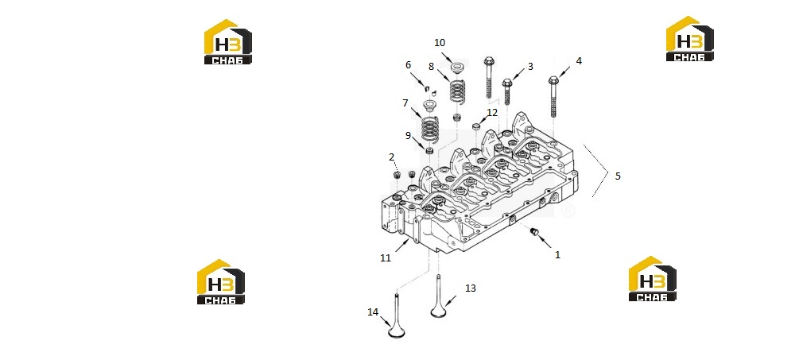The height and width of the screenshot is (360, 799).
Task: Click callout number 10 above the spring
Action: [440, 43]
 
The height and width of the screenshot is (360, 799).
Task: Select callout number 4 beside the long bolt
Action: [579, 60]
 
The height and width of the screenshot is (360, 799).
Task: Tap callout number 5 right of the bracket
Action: [618, 176]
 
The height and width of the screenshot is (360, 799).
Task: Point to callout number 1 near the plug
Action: [557, 254]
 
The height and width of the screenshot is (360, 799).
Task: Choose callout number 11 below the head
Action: [386, 258]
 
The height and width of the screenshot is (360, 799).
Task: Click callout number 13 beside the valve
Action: [471, 288]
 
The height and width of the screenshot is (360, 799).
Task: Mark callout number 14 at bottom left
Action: [373, 312]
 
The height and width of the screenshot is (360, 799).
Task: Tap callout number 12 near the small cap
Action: [492, 113]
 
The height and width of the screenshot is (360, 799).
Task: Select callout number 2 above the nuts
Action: [392, 157]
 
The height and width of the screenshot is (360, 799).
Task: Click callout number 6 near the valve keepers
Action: [408, 64]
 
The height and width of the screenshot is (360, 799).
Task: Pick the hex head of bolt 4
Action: [554, 80]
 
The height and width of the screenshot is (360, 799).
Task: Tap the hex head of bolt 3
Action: [507, 83]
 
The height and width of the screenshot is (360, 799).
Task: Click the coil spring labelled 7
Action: [430, 130]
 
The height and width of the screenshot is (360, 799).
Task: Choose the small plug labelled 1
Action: [534, 232]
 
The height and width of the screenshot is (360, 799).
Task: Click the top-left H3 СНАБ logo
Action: [228, 42]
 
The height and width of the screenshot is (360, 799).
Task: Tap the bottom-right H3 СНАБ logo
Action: [653, 278]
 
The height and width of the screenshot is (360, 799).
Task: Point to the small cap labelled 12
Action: [477, 126]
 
